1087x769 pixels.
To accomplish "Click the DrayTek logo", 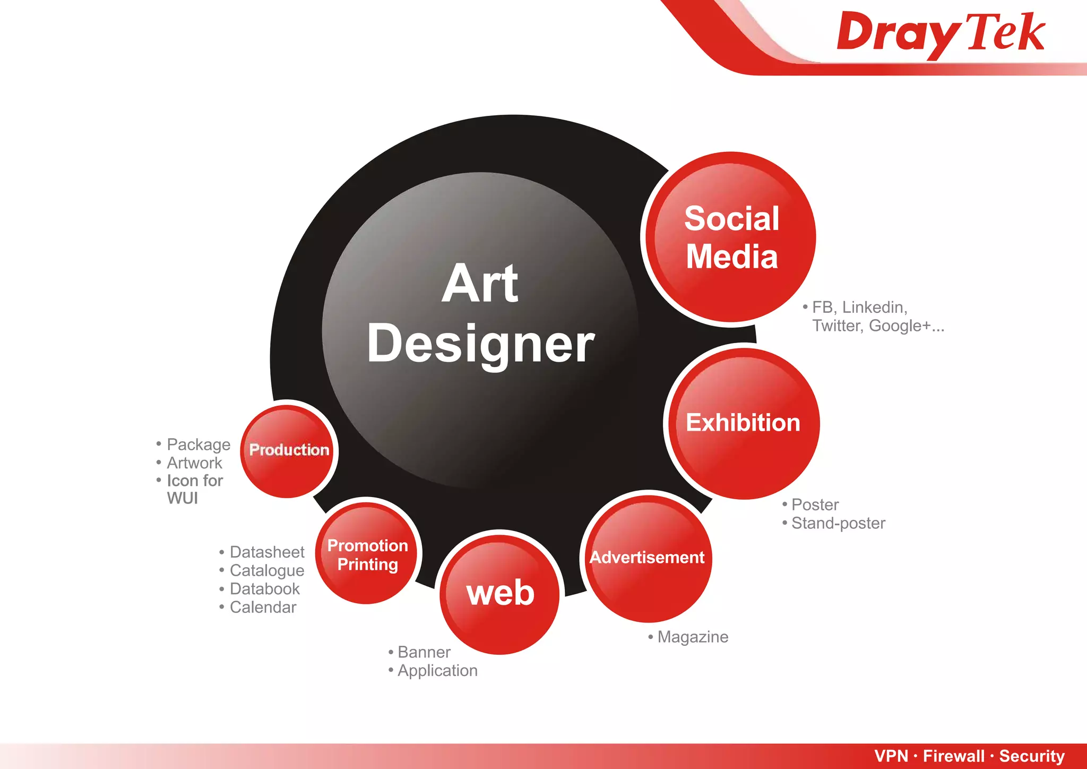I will [x=941, y=33].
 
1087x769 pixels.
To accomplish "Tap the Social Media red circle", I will [x=731, y=237].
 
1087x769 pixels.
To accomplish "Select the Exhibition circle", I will [x=743, y=423].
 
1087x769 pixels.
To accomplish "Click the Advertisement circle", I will [x=647, y=558].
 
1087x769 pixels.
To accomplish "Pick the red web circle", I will [x=500, y=593].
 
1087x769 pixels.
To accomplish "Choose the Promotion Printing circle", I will [x=367, y=554].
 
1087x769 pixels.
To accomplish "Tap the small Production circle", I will [x=289, y=450].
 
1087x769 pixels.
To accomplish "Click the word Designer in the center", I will [x=480, y=344].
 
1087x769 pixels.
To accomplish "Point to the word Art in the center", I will [x=480, y=284].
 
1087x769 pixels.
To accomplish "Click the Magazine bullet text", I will [x=692, y=637].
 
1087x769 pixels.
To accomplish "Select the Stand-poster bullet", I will [x=838, y=523].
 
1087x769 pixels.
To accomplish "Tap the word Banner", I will [x=424, y=652].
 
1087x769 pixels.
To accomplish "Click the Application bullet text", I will [x=437, y=671].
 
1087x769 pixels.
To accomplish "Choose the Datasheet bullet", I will [x=266, y=552].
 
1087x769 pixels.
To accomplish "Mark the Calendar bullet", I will [x=263, y=607].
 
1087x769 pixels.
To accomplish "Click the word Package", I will [x=199, y=445].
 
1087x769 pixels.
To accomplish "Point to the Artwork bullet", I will [x=194, y=463].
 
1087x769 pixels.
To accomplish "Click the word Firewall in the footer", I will [x=953, y=756].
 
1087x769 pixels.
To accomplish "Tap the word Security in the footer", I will [x=1032, y=756].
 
